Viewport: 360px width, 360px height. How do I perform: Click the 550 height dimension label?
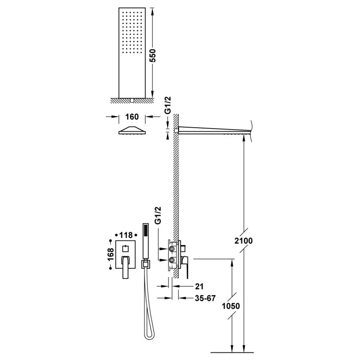coord(153,55)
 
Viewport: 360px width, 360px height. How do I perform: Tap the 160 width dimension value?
coord(132,117)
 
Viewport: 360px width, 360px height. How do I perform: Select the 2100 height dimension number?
coord(243,241)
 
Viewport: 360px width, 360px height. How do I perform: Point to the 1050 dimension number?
coord(231,306)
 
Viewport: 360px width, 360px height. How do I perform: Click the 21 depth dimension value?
coord(199,286)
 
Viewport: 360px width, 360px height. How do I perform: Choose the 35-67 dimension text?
coord(205,298)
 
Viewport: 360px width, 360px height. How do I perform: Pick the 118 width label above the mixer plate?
coord(126,235)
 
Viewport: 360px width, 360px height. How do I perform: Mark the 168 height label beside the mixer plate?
coord(110,254)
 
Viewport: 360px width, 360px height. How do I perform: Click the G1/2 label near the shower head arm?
coord(168,105)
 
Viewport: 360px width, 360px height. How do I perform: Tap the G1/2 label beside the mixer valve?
coord(158,216)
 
